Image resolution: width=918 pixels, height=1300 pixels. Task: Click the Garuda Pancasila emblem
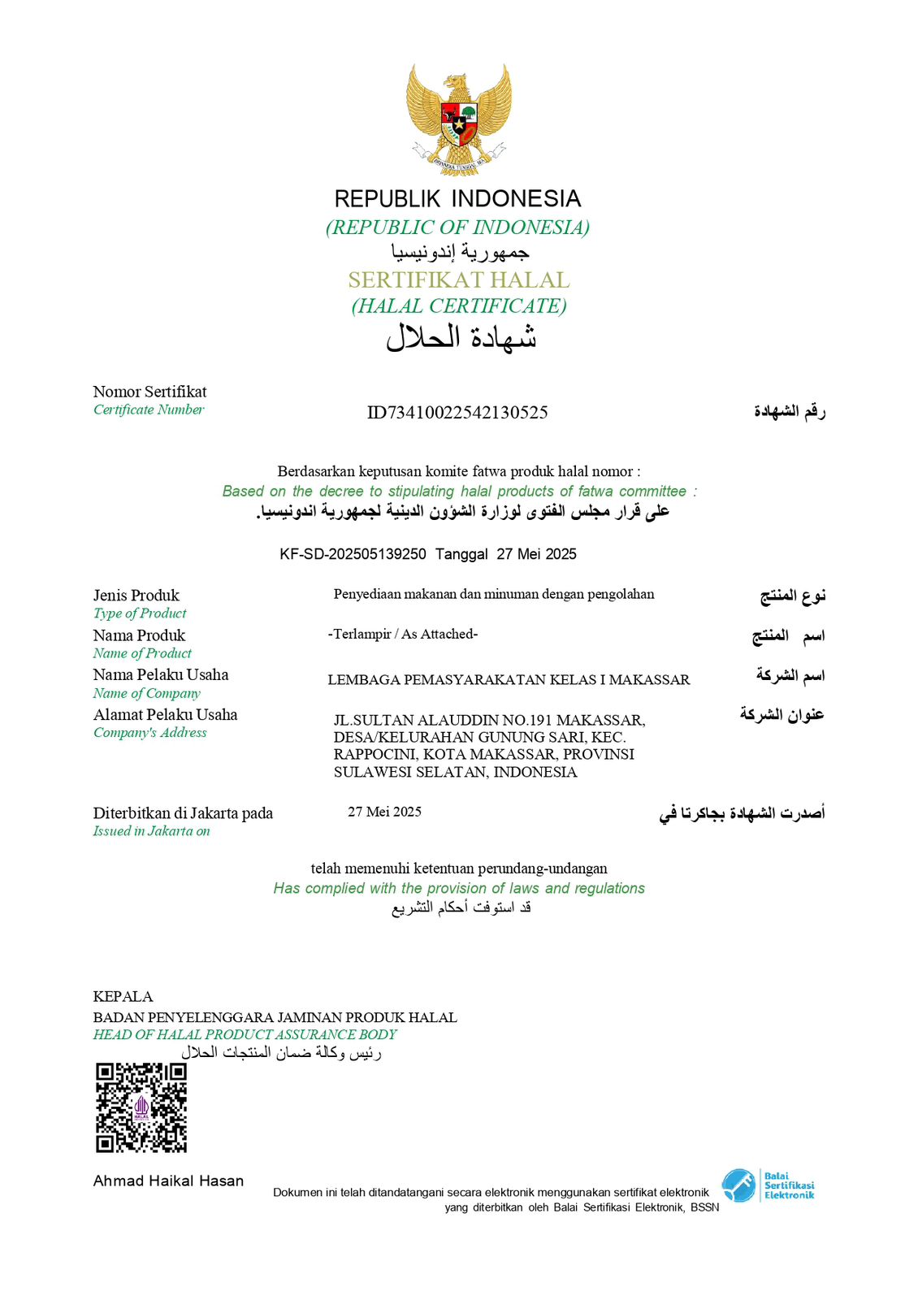(x=458, y=119)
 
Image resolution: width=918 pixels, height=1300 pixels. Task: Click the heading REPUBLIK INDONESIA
(x=458, y=199)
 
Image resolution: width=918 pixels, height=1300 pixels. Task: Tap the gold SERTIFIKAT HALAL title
(x=459, y=280)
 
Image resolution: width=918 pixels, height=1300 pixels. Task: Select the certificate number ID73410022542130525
(x=457, y=413)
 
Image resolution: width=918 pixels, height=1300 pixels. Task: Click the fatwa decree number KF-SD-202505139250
(x=353, y=554)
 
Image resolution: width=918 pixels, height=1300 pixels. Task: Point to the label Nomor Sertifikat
(x=149, y=392)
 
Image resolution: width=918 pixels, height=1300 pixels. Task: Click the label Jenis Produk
(x=136, y=596)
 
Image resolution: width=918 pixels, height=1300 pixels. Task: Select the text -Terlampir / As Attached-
(x=403, y=634)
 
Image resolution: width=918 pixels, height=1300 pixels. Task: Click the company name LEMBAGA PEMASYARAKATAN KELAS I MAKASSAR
(x=509, y=680)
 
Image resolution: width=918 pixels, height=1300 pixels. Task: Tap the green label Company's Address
(x=149, y=733)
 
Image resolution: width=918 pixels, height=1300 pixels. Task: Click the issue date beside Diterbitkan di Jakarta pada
(x=384, y=812)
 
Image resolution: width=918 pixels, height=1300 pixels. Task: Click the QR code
(x=141, y=1107)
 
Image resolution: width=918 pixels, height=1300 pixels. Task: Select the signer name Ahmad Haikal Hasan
(x=168, y=1181)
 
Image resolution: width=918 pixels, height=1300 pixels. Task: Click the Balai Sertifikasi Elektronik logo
(x=768, y=1185)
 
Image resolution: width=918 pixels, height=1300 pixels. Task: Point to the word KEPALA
(x=123, y=997)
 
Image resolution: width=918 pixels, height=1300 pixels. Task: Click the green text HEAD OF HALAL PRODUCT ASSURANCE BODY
(x=245, y=1035)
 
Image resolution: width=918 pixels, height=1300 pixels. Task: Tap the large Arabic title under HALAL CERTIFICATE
(x=461, y=337)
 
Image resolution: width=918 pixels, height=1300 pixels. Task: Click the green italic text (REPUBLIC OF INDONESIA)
(x=457, y=227)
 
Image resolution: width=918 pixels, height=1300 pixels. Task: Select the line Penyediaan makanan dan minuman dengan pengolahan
(x=494, y=594)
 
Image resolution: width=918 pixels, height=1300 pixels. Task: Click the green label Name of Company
(x=146, y=693)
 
